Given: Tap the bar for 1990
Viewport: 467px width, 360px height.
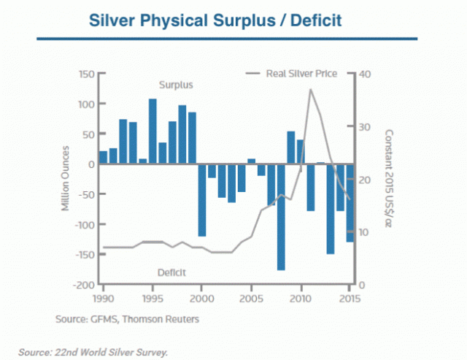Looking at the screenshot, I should click(104, 158).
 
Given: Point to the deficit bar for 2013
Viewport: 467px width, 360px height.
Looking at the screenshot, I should click(330, 209).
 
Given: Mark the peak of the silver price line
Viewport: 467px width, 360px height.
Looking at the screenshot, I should click(311, 89).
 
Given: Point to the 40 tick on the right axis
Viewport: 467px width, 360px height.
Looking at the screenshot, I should click(366, 74).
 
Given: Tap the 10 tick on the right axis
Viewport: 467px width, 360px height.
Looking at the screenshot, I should click(365, 232).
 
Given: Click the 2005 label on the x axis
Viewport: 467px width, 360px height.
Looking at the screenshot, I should click(252, 298).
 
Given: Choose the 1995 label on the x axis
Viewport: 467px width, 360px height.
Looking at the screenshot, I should click(153, 298).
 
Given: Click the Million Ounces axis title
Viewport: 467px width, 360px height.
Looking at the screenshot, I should click(65, 179).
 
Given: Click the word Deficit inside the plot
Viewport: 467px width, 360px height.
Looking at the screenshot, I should click(173, 272).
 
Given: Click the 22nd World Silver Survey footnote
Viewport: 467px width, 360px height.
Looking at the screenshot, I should click(94, 352).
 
